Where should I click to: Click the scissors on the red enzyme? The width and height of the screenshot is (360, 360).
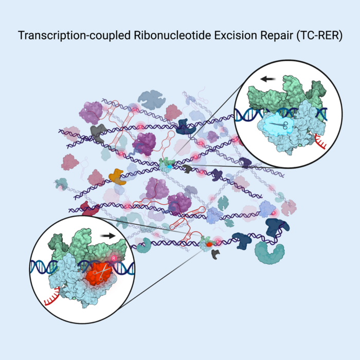[103, 269]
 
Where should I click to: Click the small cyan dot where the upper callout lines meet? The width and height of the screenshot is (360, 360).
[168, 166]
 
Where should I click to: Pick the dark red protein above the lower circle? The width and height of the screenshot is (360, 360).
[91, 209]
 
